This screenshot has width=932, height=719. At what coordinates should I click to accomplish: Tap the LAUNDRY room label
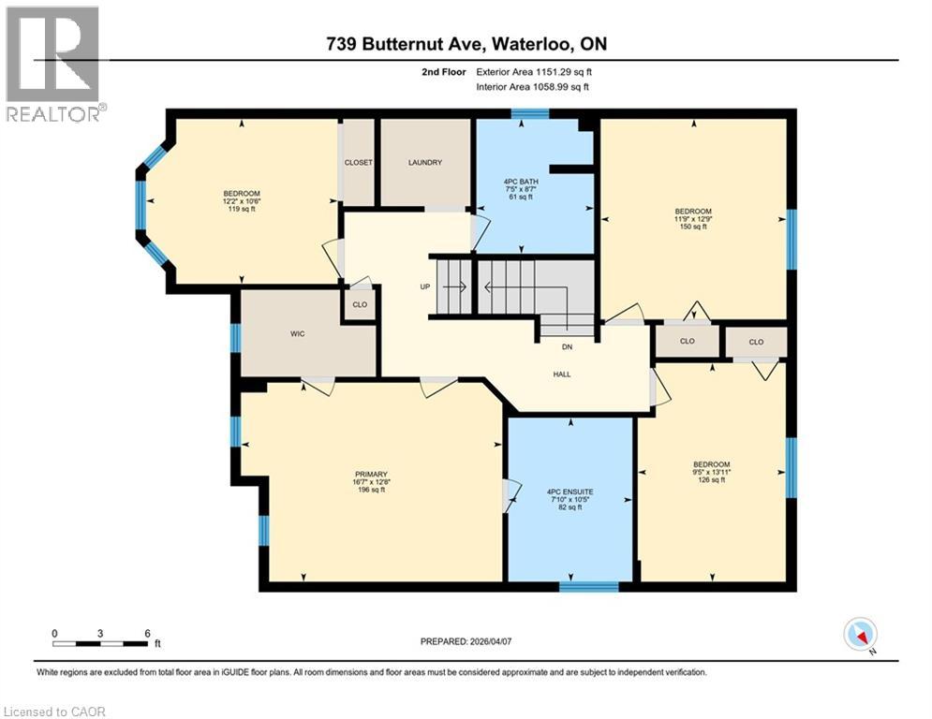pos(424,163)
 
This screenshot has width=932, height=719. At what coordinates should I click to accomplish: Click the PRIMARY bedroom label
pos(370,474)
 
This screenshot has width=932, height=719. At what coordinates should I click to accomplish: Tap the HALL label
pos(562,374)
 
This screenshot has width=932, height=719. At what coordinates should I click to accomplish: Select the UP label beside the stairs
pos(424,286)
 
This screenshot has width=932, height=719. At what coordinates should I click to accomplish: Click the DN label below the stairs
pos(567,346)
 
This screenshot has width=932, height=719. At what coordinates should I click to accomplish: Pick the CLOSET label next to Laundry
pos(358,163)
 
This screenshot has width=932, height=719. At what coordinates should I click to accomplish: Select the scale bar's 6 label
pos(147,633)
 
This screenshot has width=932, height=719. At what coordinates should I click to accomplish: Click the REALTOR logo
pos(53,64)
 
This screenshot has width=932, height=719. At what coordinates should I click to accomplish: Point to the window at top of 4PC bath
pos(529,114)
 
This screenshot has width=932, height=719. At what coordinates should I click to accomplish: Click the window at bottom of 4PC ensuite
pos(588,587)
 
